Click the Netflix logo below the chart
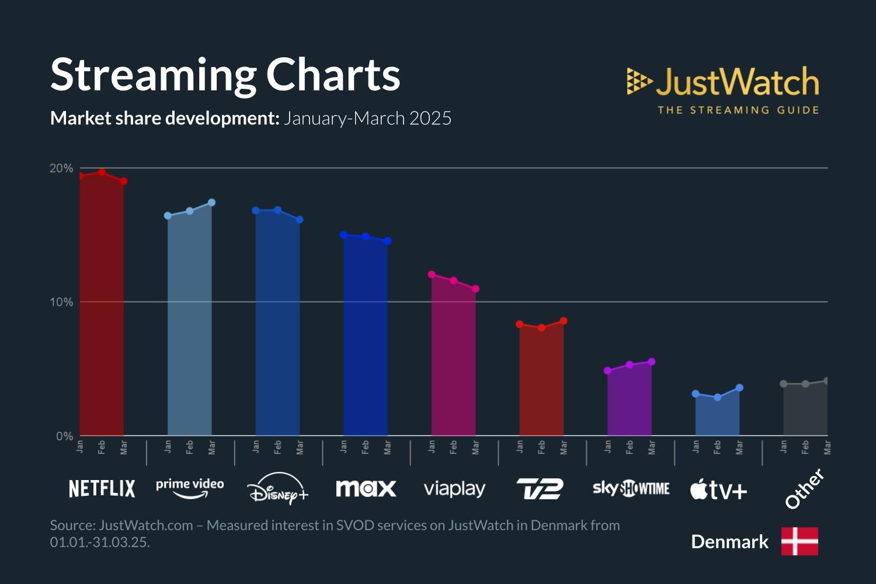coord(102,489)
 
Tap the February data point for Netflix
coord(102,172)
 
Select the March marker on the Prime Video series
coord(211,203)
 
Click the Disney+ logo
coord(277,489)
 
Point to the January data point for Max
coord(344,235)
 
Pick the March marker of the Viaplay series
coord(475,289)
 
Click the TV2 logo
coord(540,489)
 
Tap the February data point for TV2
coord(541,328)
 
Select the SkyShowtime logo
coord(631,488)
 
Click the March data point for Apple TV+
coord(739,388)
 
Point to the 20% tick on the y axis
coord(61,168)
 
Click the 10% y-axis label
coord(61,302)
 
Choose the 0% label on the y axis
coord(64,436)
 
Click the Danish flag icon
coord(799,541)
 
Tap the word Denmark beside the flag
coord(729,542)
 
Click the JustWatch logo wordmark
coord(737,82)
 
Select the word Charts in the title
coord(333,75)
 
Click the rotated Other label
coord(804,489)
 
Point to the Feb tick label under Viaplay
coord(454,447)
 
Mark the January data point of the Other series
coord(784,384)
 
